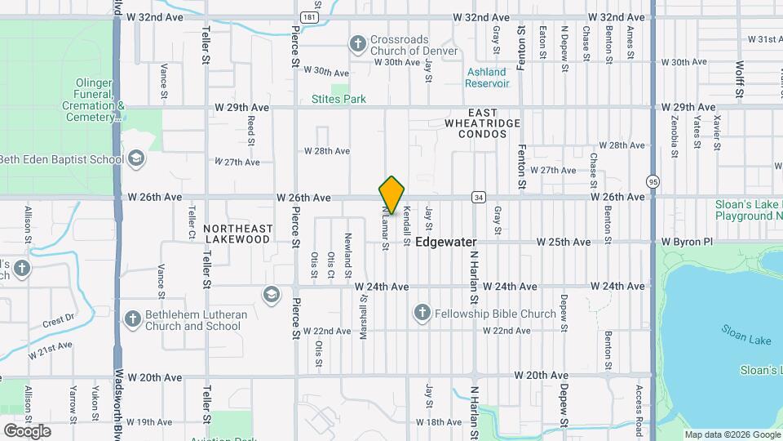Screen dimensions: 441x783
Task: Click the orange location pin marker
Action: [x=392, y=195]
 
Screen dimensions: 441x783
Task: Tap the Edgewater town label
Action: [x=445, y=243]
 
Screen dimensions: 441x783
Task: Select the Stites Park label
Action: [x=338, y=100]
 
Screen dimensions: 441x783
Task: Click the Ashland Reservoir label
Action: [x=488, y=78]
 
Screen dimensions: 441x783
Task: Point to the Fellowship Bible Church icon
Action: [x=422, y=314]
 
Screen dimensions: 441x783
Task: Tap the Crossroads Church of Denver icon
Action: [x=357, y=43]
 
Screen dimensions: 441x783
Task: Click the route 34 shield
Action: [x=479, y=197]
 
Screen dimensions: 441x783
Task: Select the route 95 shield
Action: [x=652, y=181]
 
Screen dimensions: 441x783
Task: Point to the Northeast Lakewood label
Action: [x=237, y=234]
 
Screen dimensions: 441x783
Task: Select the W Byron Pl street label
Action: [x=687, y=243]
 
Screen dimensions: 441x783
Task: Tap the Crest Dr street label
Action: [x=59, y=320]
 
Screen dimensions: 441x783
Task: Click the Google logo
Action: [x=27, y=430]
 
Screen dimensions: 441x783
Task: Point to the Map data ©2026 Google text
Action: [x=732, y=434]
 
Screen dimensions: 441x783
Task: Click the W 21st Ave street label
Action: [x=50, y=350]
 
